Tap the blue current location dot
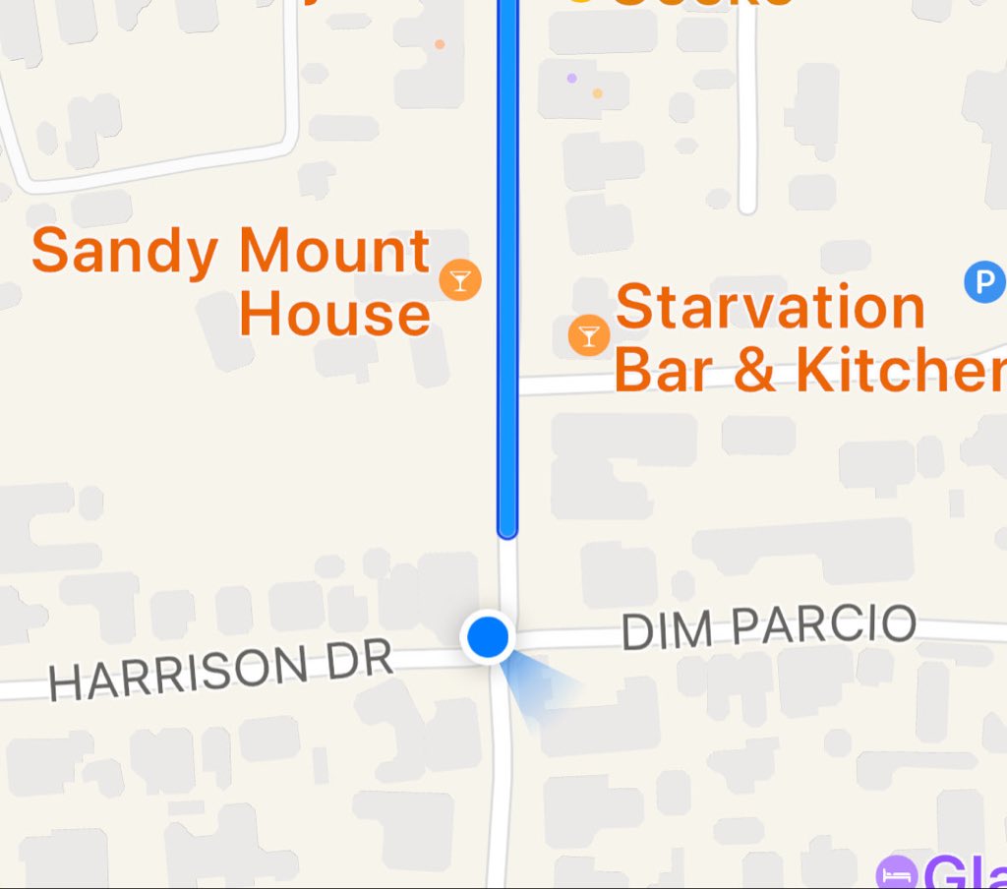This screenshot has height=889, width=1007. click(x=487, y=637)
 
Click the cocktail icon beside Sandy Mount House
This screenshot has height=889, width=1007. click(x=459, y=280)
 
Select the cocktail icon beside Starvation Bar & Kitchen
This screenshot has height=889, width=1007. click(x=588, y=336)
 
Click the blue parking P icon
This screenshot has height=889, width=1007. click(x=983, y=282)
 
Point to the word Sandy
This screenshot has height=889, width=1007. click(x=125, y=252)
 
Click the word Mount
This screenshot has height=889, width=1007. click(x=335, y=252)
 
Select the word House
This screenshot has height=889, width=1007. click(x=335, y=315)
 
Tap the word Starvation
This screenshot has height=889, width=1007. click(x=770, y=307)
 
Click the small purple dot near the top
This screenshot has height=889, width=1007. click(x=572, y=78)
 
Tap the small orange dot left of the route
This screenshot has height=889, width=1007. click(x=440, y=44)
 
